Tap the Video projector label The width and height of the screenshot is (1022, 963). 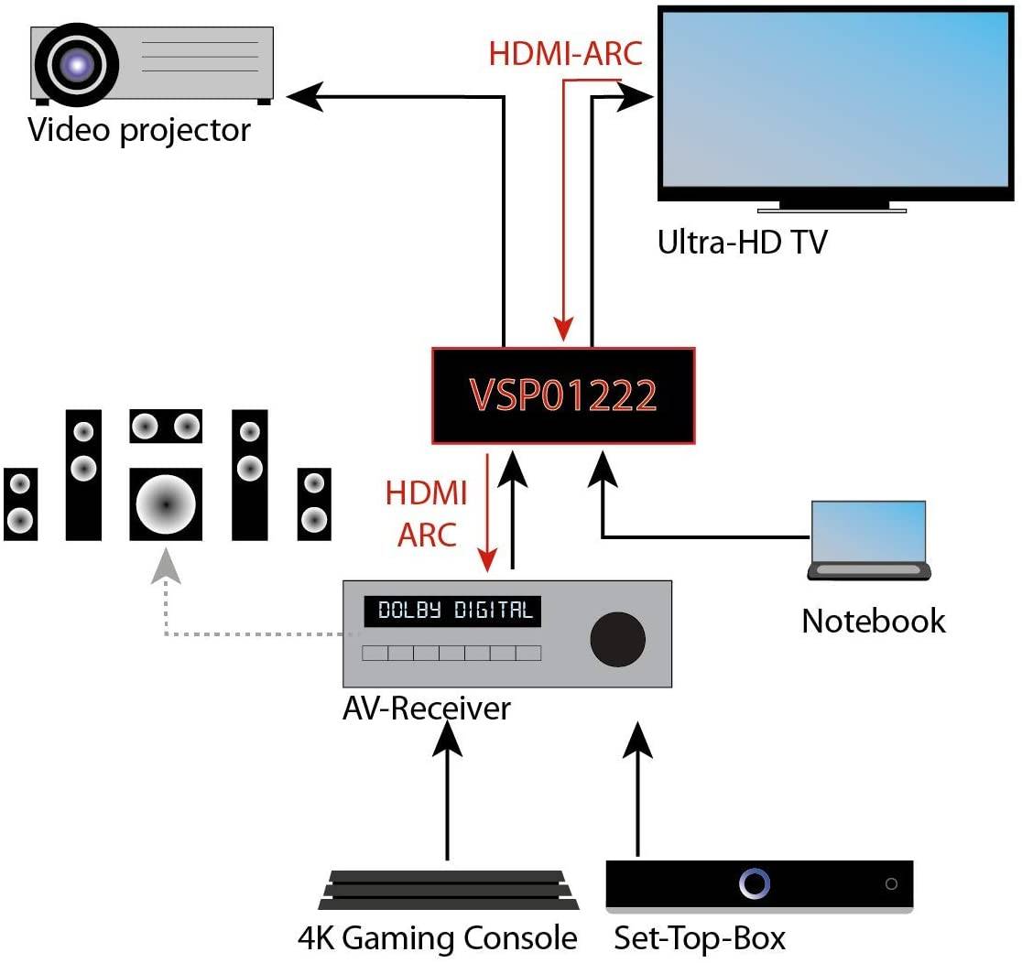139,130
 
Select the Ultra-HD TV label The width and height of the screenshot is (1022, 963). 742,243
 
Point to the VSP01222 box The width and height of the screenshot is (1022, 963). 563,395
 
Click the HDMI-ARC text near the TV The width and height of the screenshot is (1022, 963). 565,53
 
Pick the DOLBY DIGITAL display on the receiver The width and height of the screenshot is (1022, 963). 454,611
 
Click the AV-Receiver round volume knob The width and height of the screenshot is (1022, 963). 618,638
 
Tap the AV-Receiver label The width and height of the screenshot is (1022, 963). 426,708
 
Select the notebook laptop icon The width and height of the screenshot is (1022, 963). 868,542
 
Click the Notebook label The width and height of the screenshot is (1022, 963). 873,621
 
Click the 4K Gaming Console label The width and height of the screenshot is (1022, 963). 438,938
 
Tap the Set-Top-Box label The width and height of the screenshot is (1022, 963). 700,938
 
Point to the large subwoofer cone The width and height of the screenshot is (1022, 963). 166,504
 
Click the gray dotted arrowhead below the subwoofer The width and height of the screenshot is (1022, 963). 166,566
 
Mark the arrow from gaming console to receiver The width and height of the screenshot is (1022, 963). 448,787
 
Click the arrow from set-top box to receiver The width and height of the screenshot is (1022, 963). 637,787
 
